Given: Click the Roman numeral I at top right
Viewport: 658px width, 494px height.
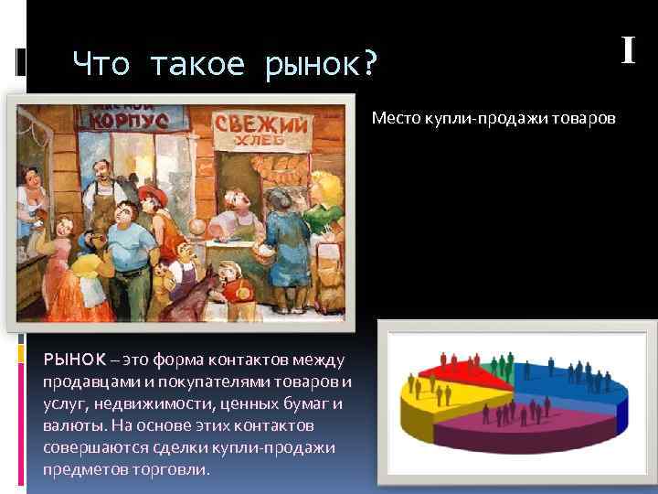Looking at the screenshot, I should click(x=628, y=49).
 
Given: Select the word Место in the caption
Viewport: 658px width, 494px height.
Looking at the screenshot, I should click(x=394, y=119).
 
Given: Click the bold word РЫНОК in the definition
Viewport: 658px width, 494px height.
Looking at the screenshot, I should click(x=74, y=358).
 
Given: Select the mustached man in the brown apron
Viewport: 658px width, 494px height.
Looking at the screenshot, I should click(x=101, y=197).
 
